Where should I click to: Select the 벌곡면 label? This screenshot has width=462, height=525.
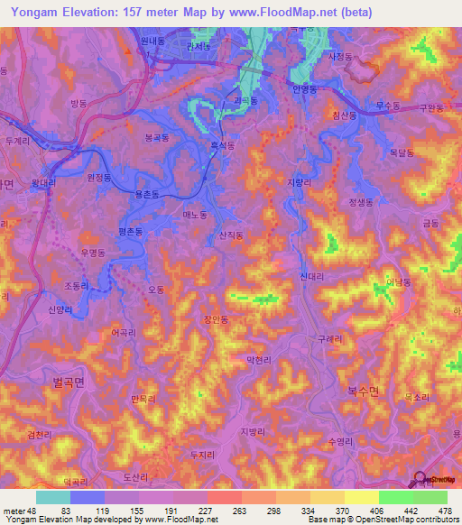[68, 382]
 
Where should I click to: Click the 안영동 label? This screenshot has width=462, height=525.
[305, 90]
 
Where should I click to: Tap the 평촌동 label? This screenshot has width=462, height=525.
[132, 232]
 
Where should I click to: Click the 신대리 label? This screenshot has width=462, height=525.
[311, 276]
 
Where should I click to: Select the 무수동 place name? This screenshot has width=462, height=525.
[387, 106]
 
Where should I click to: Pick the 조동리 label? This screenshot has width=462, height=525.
[77, 285]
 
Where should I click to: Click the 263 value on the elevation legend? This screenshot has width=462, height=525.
[224, 511]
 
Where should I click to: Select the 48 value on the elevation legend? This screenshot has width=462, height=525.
[33, 511]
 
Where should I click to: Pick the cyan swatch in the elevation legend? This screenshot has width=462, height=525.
[53, 497]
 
